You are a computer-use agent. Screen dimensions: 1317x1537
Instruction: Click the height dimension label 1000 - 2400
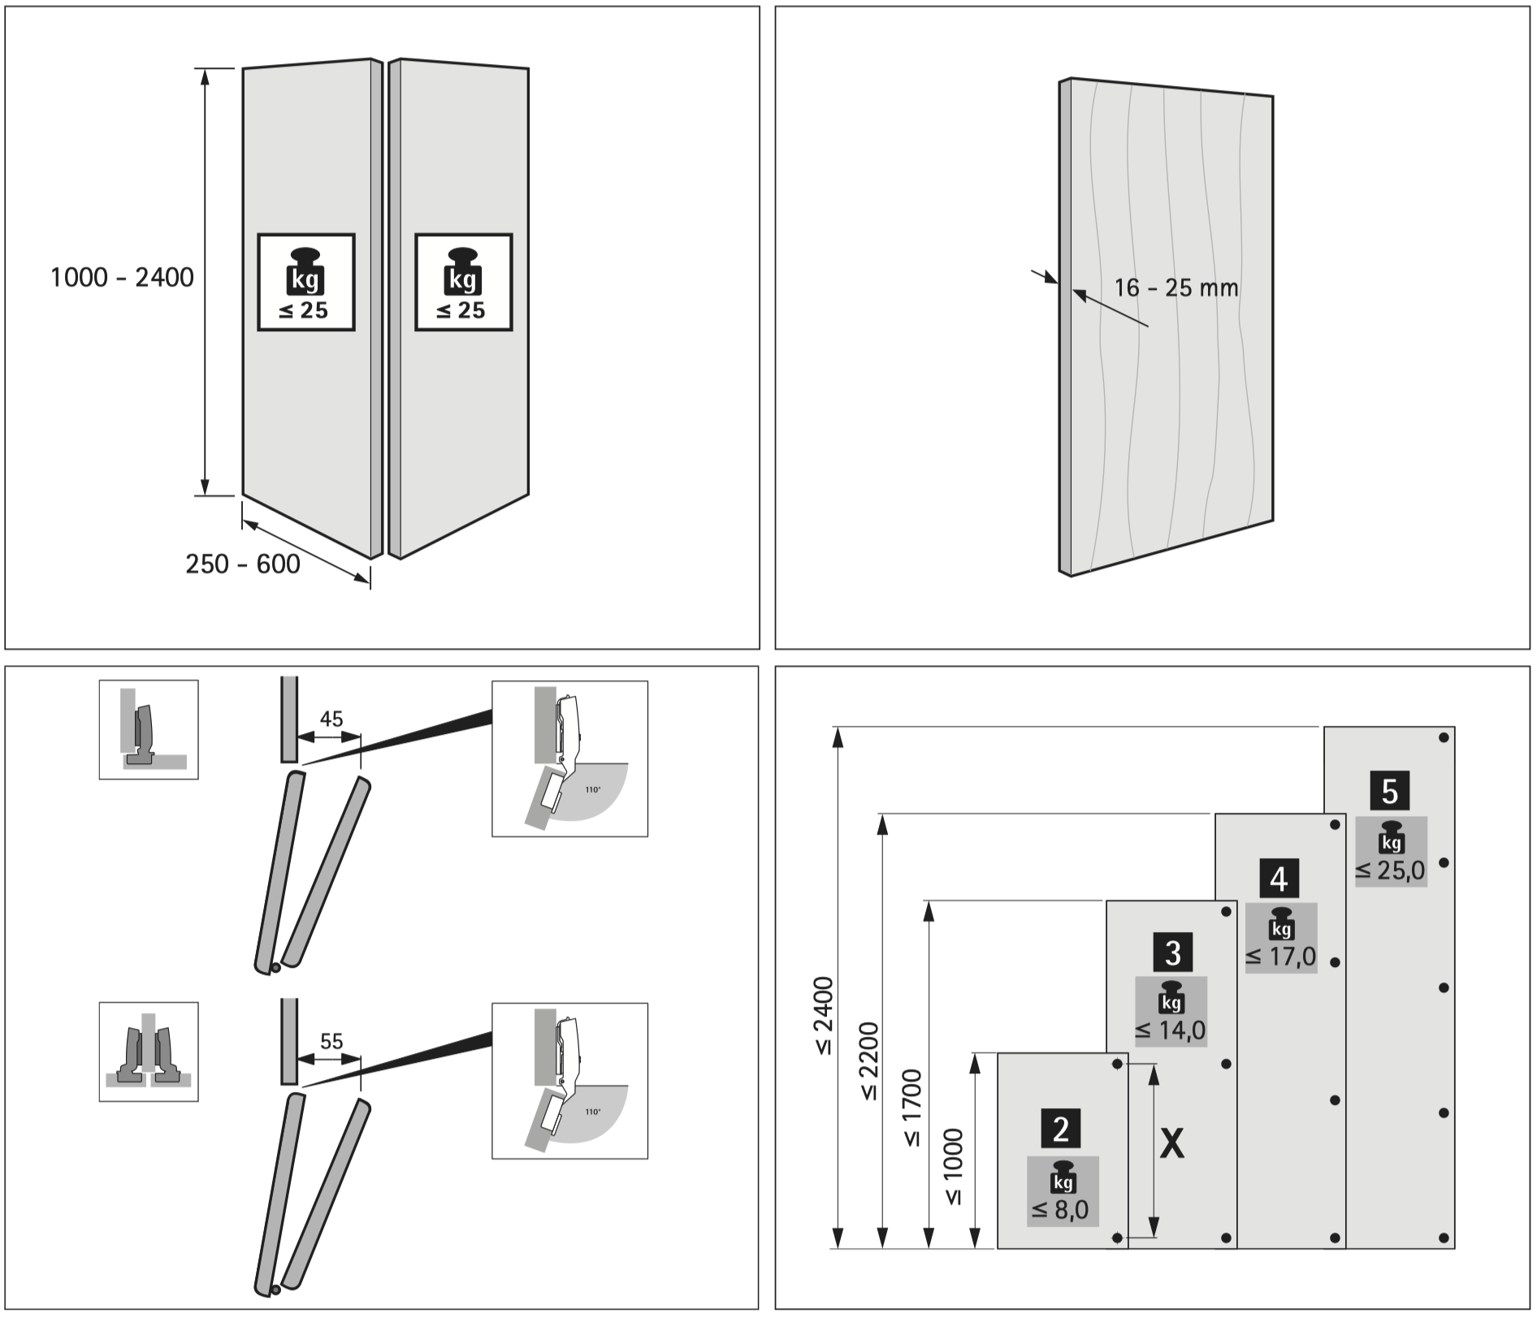122,278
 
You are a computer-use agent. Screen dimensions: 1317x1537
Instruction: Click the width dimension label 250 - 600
243,564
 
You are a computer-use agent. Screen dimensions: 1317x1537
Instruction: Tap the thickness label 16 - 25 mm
1176,287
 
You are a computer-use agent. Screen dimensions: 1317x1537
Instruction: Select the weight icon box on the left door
306,283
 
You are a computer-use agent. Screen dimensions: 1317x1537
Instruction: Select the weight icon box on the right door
463,283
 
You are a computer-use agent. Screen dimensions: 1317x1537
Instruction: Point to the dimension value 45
331,719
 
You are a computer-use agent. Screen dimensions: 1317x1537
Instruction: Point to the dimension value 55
331,1041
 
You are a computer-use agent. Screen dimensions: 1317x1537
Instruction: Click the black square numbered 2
1061,1129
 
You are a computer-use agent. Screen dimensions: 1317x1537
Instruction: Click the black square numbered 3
1172,953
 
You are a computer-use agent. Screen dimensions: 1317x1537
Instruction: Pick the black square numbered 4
1279,879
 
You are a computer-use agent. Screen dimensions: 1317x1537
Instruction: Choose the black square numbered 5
1389,791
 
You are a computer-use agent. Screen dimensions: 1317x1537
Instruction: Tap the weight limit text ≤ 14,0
1171,1030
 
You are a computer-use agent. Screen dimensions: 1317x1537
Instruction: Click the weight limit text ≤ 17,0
1280,956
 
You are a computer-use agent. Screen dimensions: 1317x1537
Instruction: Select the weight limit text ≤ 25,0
1390,870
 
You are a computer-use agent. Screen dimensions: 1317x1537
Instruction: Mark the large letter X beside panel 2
1171,1144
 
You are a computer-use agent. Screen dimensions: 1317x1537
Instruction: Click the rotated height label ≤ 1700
912,1108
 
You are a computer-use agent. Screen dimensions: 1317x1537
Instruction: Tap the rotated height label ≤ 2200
868,1060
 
